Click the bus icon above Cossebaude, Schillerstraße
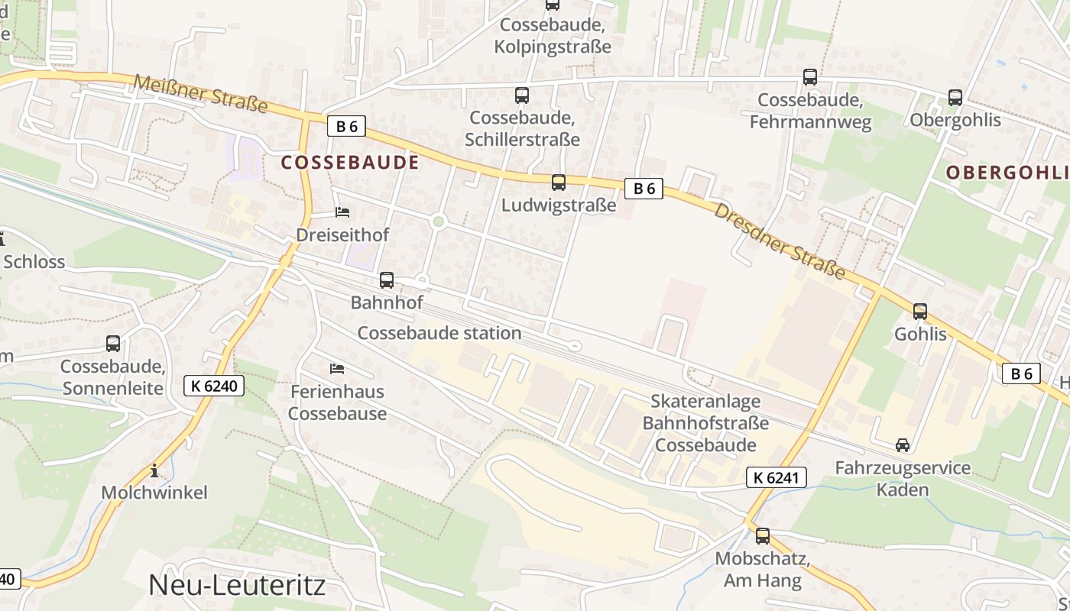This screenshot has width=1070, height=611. coord(522,95)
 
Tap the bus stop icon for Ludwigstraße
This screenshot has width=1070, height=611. coord(559,183)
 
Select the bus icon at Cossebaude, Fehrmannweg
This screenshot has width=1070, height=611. coord(810,77)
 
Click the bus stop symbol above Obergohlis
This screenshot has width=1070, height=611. coord(955,98)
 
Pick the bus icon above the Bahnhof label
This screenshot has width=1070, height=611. coord(387,280)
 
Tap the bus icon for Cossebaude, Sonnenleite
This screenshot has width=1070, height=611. coord(113,344)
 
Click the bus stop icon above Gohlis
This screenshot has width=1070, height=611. coord(920,312)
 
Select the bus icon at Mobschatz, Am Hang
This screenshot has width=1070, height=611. coord(763,536)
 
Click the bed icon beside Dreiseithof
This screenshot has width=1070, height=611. coord(342,212)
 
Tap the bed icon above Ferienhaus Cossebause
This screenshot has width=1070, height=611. coord(337,369)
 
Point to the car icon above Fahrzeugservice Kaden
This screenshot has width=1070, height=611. coord(903,445)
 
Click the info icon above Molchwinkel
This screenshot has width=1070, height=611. coord(154,470)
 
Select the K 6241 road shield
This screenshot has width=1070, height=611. coord(776,478)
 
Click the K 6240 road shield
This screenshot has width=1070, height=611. coord(214,386)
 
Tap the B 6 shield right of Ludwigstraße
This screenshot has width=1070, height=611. coord(644,189)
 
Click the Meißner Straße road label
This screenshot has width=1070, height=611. coord(201,93)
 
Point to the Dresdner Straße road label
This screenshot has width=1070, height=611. coord(780,241)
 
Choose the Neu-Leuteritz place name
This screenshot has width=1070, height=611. coord(237,585)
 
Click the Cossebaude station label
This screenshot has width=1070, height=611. coord(439,333)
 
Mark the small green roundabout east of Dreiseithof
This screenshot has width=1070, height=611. coord(438,221)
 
